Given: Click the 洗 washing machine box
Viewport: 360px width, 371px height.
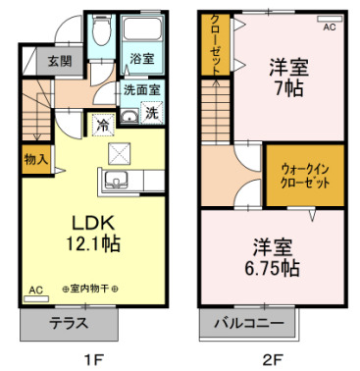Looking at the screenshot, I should [152, 113].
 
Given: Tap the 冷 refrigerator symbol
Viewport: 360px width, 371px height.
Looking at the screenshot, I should [103, 125].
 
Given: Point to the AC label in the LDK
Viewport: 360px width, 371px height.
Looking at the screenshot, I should [35, 291].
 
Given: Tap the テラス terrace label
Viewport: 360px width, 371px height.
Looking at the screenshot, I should [67, 322].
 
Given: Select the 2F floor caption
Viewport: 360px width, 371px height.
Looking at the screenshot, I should [272, 358].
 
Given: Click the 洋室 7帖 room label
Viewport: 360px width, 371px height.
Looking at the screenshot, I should [289, 78].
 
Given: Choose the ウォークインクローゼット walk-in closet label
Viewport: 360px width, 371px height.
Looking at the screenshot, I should [305, 177].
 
